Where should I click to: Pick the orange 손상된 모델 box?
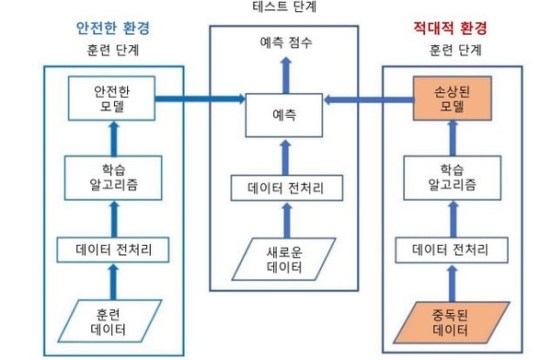(451, 99)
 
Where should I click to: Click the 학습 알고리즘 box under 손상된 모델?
(451, 177)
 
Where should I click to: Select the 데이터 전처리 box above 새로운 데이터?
(283, 191)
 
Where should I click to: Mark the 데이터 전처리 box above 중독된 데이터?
(451, 248)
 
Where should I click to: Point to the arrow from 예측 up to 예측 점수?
(283, 72)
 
